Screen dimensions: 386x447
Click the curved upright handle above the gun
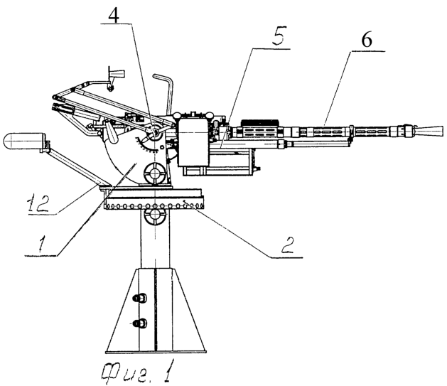[x=168, y=92]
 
